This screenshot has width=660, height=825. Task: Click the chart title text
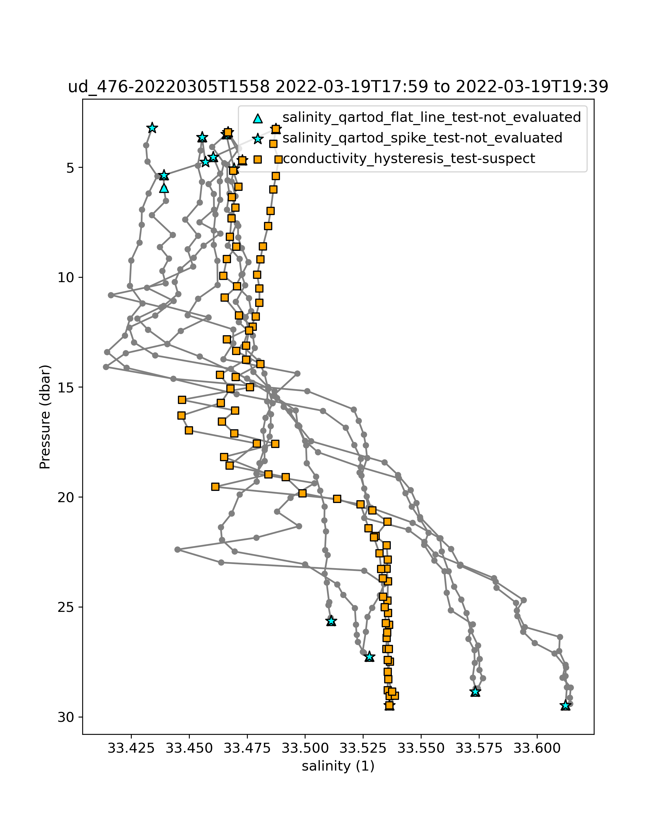click(x=338, y=87)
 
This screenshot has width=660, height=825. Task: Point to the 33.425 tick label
click(x=131, y=748)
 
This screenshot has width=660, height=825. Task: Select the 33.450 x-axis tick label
click(x=189, y=748)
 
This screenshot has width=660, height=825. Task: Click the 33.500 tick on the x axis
click(x=305, y=748)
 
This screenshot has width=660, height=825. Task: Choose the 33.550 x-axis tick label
click(x=421, y=748)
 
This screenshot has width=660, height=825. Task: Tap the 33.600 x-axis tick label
click(x=537, y=748)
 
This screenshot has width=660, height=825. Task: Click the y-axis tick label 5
click(x=70, y=167)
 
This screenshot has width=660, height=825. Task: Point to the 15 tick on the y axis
click(x=65, y=387)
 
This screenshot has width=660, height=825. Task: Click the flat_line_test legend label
click(x=431, y=117)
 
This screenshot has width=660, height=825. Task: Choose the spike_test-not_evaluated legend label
click(x=422, y=138)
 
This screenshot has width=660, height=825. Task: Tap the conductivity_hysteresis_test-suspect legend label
click(x=409, y=158)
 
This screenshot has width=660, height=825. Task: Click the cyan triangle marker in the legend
click(x=258, y=118)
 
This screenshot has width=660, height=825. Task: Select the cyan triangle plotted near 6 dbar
click(x=164, y=188)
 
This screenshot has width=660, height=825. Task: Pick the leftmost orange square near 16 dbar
click(x=181, y=416)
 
